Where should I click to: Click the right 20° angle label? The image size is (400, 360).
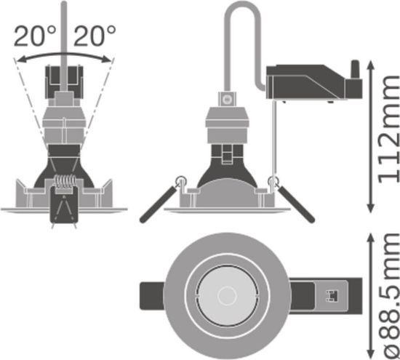coord(95,33)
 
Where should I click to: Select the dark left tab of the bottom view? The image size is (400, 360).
coord(151,297)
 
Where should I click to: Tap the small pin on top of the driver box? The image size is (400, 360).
coord(356,68)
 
